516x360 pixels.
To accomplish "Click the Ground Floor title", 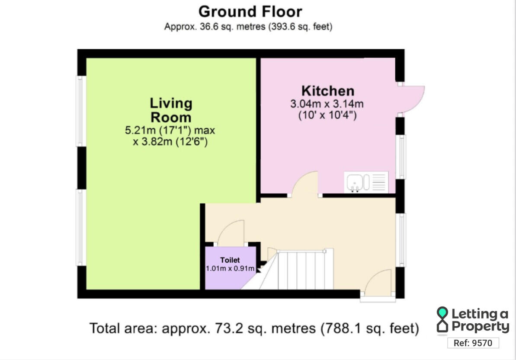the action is tap(250, 12).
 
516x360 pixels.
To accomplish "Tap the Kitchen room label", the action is tap(328, 91).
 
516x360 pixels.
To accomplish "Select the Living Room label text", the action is tap(171, 110).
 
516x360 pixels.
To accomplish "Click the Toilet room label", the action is tap(230, 260).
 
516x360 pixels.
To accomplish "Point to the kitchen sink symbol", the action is tap(366, 182).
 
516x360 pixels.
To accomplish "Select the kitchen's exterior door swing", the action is tap(411, 99).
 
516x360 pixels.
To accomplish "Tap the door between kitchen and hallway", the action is tap(304, 184).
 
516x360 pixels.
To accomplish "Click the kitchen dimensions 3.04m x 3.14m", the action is tap(327, 104).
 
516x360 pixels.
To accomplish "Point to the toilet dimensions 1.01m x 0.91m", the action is tap(230, 268).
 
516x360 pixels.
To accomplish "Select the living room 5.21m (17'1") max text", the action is tap(170, 130).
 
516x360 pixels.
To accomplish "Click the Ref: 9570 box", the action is tap(473, 343).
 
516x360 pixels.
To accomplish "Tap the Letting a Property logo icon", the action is tap(442, 319).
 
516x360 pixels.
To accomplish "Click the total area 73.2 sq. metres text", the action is tap(254, 328).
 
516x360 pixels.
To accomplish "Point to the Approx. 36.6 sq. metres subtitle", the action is tap(248, 26).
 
